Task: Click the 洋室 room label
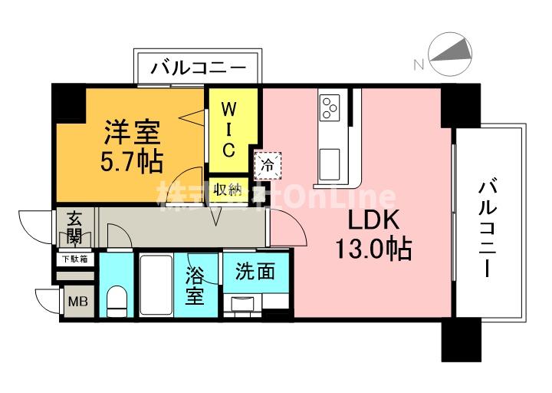pos(132,131)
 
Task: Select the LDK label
pos(373,220)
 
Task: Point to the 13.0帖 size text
pos(373,249)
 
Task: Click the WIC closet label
pos(229,129)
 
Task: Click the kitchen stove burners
pos(331,107)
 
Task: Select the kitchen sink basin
pos(331,161)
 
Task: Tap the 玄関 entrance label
pos(74,226)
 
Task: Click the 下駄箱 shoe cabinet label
pos(74,259)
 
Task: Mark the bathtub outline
pos(158,285)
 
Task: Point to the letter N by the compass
pos(419,65)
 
